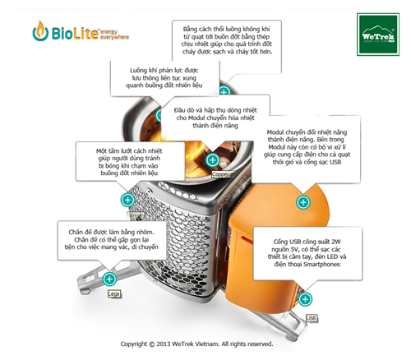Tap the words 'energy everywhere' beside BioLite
click(x=114, y=34)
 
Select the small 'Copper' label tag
click(x=220, y=173)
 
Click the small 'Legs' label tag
click(x=113, y=293)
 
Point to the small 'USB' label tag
click(x=311, y=316)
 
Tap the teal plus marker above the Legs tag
click(x=109, y=279)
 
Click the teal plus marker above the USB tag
click(x=305, y=299)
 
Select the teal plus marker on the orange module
click(x=303, y=201)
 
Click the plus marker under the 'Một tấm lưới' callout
click(x=127, y=200)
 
